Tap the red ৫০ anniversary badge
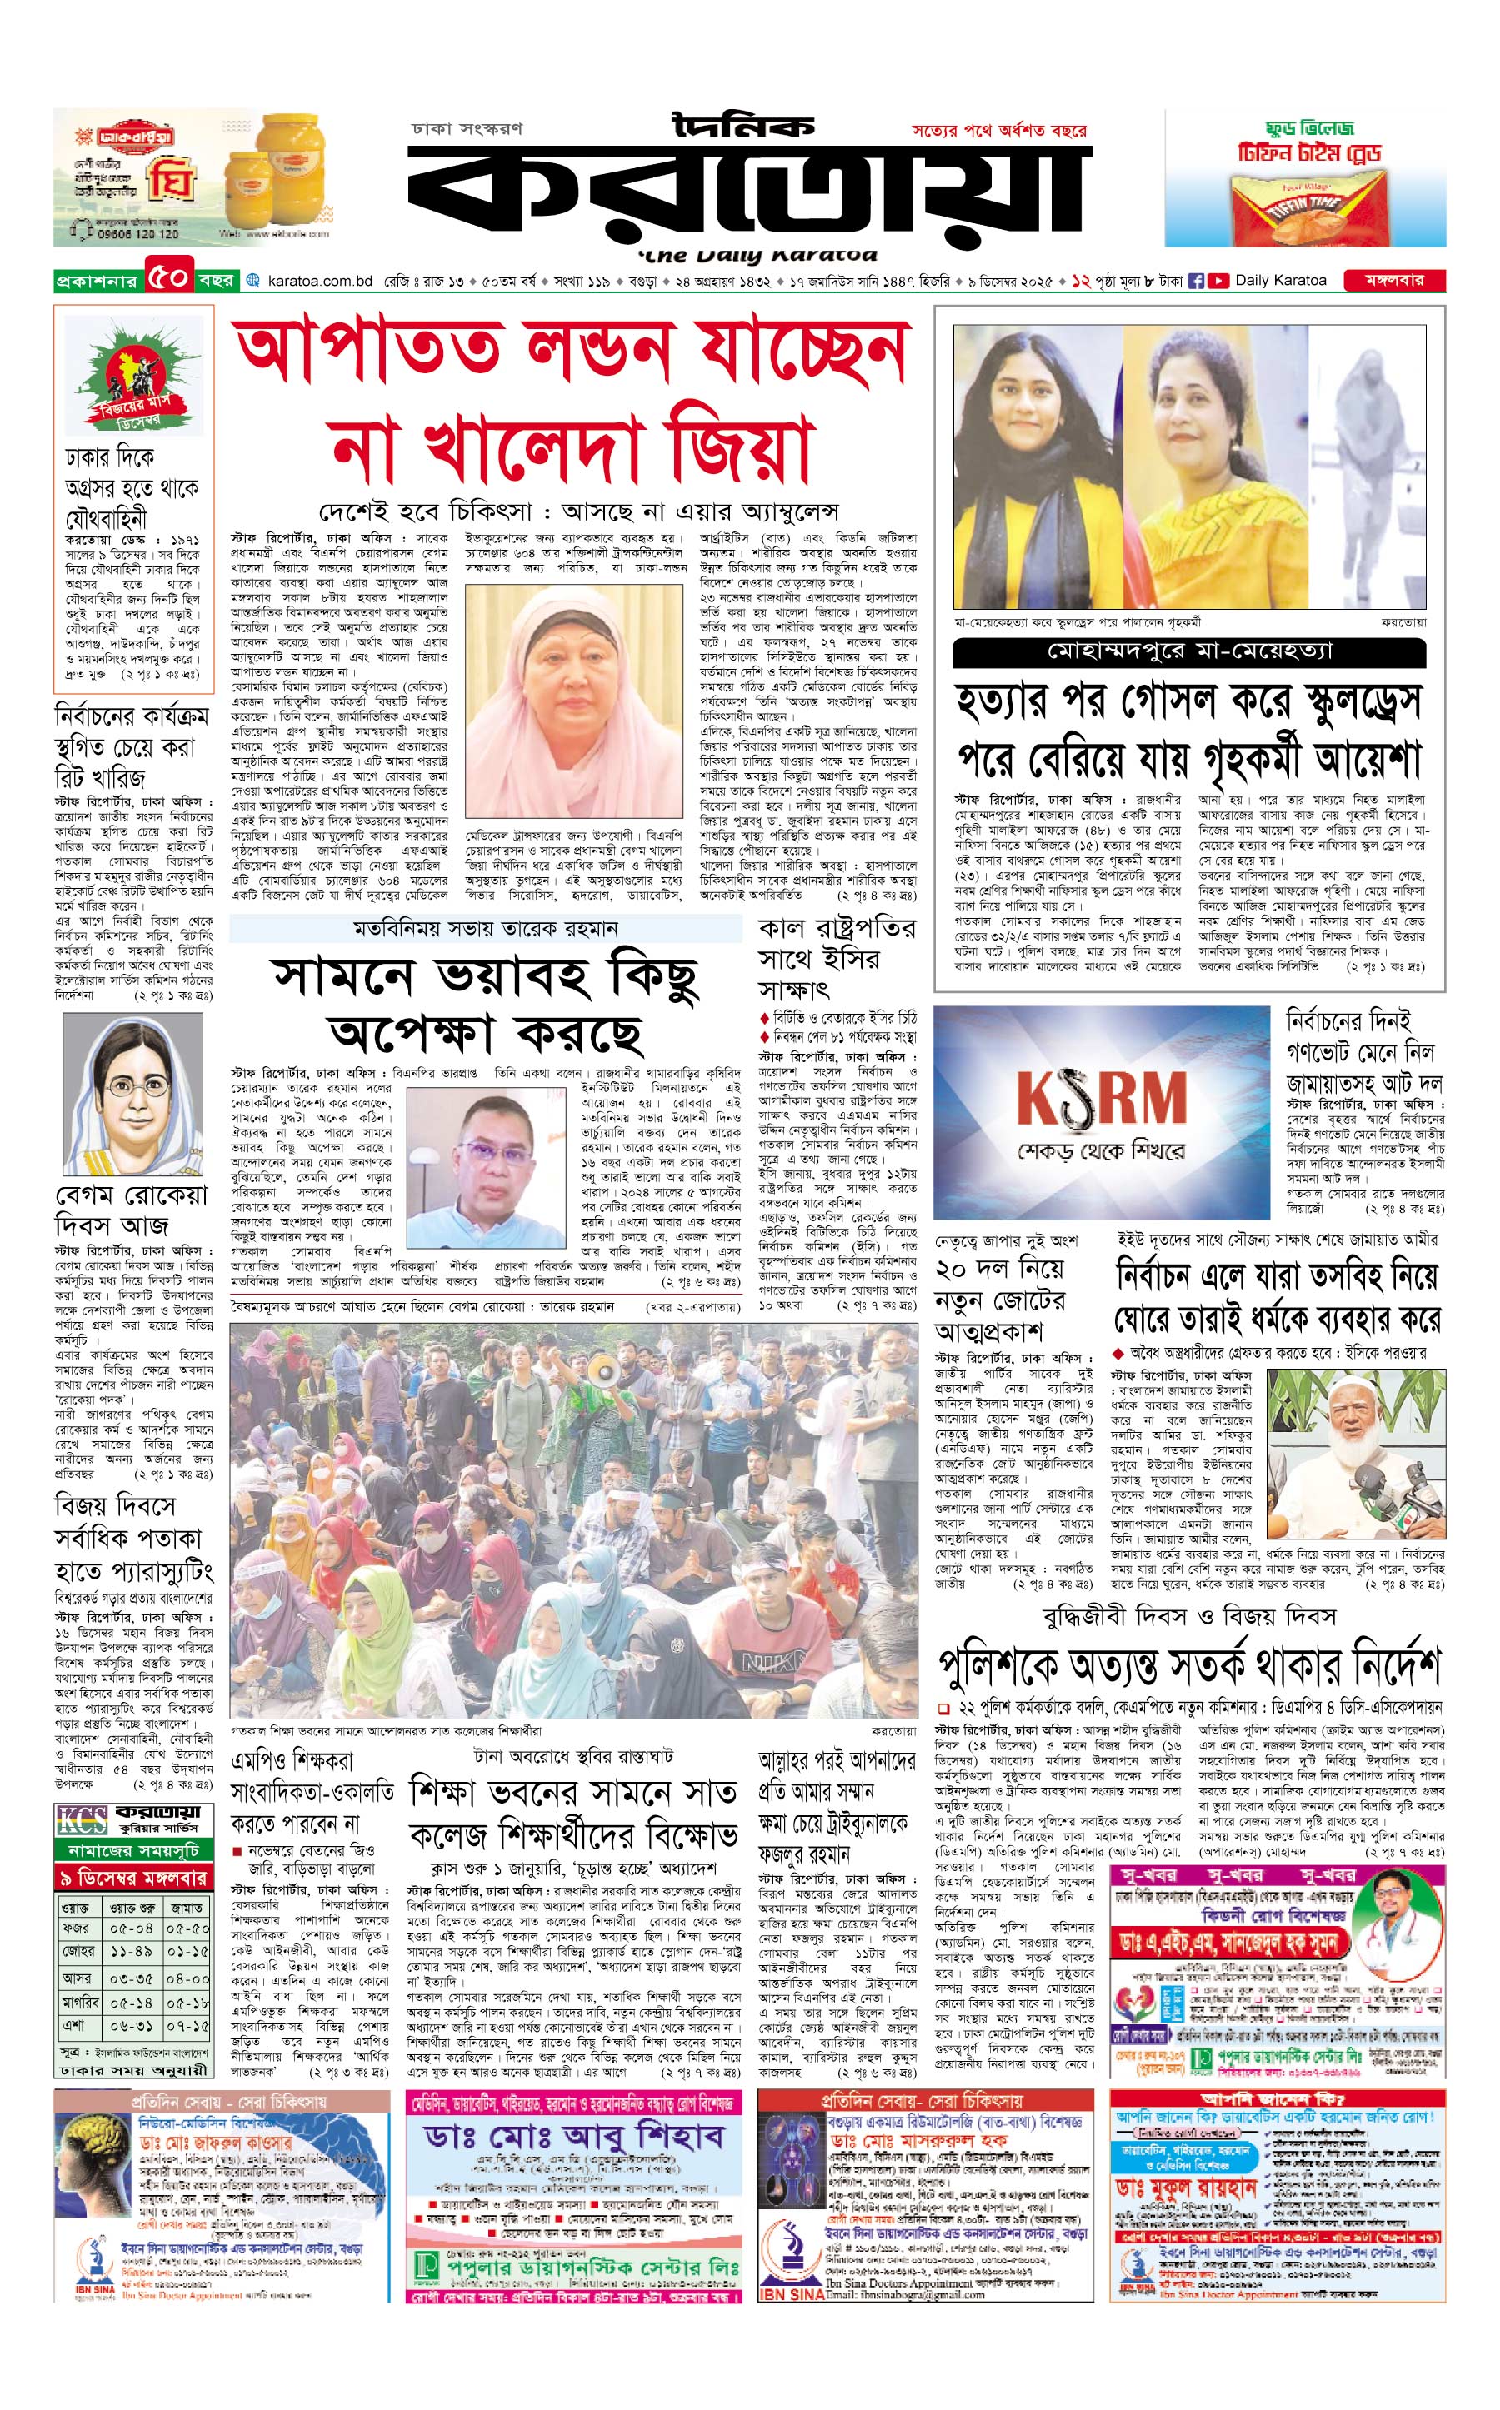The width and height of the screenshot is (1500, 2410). point(167,279)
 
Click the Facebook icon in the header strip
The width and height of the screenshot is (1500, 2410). point(1196,281)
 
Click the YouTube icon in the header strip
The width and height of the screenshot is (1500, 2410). point(1217,281)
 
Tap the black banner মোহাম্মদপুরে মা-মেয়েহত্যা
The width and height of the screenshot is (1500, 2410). point(1188,651)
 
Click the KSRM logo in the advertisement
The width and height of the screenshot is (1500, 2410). point(1101,1099)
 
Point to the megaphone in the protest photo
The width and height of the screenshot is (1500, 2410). point(604,1372)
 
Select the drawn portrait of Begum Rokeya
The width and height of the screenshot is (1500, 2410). point(132,1093)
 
